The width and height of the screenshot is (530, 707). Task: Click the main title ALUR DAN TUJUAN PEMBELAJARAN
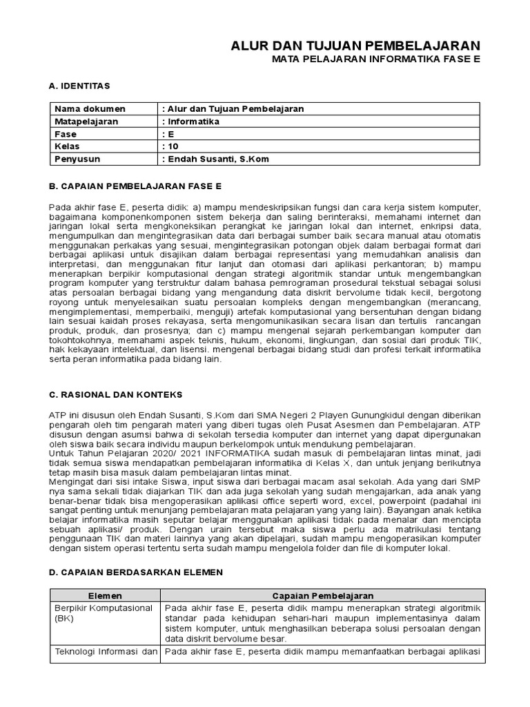click(x=355, y=45)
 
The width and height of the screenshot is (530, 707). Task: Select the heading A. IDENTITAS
click(x=79, y=85)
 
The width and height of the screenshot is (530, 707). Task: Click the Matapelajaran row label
click(x=86, y=122)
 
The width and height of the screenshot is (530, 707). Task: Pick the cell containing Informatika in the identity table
click(x=191, y=122)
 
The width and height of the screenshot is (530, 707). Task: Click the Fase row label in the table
click(x=66, y=134)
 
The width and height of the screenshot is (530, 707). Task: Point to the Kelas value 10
click(x=169, y=146)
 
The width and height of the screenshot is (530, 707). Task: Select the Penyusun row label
click(x=77, y=159)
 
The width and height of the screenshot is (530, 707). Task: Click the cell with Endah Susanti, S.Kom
click(x=215, y=159)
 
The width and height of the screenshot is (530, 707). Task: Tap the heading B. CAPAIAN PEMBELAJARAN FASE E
click(x=135, y=186)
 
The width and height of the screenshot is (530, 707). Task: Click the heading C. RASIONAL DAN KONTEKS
click(x=116, y=394)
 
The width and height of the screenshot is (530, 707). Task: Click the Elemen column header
click(x=106, y=595)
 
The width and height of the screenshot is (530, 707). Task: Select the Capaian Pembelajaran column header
click(x=322, y=595)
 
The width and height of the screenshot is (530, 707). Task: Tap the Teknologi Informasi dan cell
click(x=106, y=651)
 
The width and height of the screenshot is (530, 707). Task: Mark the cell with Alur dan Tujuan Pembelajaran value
click(x=233, y=109)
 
